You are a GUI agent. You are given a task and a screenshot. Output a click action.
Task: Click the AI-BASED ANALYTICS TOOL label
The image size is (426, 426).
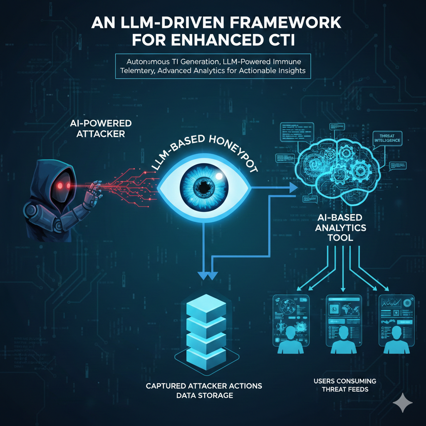click(x=341, y=228)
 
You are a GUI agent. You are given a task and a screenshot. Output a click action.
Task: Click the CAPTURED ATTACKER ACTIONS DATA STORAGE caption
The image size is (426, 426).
click(x=204, y=391)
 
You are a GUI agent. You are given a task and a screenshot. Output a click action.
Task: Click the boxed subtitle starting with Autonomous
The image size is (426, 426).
click(x=213, y=65)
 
